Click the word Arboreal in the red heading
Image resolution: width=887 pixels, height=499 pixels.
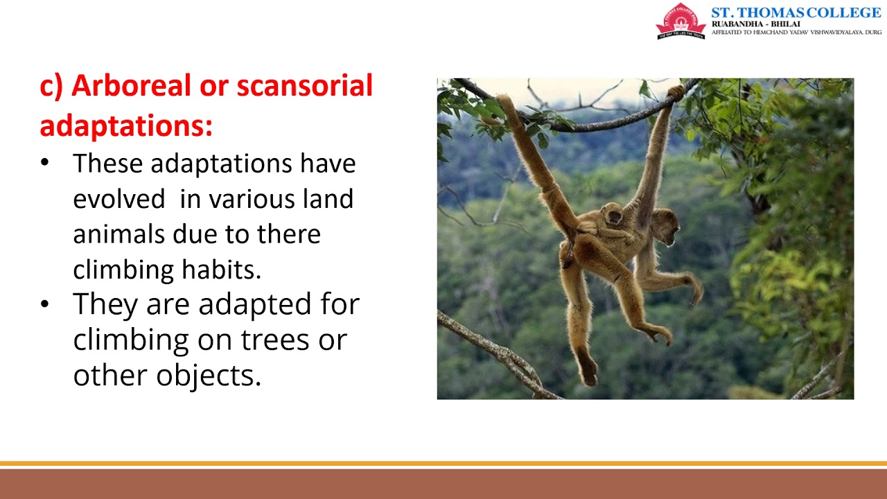pyautogui.click(x=130, y=86)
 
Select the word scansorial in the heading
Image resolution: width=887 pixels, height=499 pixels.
pyautogui.click(x=304, y=86)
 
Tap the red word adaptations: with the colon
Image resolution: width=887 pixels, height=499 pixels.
pyautogui.click(x=126, y=125)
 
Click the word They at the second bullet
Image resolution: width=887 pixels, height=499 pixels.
pyautogui.click(x=105, y=304)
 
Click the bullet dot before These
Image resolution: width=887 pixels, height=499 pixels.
pyautogui.click(x=45, y=164)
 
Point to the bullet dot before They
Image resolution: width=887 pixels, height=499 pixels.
pyautogui.click(x=45, y=304)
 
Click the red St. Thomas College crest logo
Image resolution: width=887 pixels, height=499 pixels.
pyautogui.click(x=680, y=21)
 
